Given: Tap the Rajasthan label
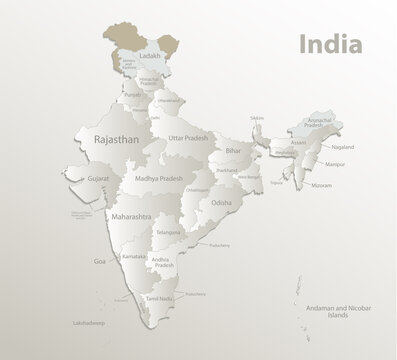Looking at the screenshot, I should [x=115, y=141].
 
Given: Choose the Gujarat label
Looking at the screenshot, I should [x=97, y=176].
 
